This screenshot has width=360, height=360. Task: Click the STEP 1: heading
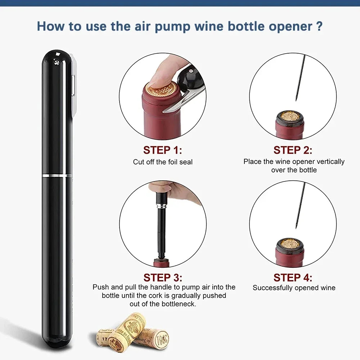(x=163, y=150)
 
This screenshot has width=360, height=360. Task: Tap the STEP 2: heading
(x=293, y=150)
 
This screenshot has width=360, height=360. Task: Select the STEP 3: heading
(x=163, y=278)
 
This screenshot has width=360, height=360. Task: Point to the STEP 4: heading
(x=293, y=278)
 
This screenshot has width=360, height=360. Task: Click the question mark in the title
(x=318, y=26)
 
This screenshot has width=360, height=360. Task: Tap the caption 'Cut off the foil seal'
(x=163, y=162)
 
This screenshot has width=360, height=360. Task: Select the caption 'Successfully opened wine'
(x=294, y=288)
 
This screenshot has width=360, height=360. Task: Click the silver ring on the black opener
(x=57, y=175)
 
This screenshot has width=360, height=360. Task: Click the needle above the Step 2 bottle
(x=299, y=77)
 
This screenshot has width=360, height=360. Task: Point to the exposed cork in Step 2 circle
(x=290, y=117)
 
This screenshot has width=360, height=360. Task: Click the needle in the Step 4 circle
(x=299, y=205)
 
